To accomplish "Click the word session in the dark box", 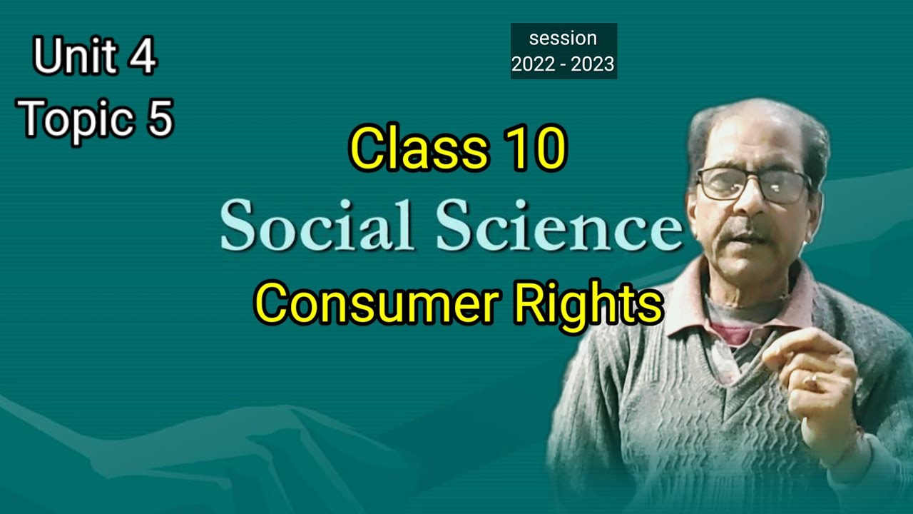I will (x=563, y=38).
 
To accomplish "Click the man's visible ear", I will (x=815, y=203).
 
